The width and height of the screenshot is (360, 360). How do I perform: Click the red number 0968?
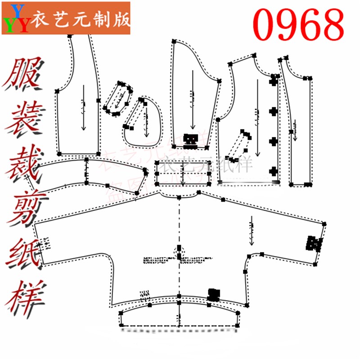click(x=298, y=24)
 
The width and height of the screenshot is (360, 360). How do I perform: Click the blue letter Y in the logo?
click(x=17, y=9)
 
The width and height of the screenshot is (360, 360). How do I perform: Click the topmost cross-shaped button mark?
click(x=273, y=81)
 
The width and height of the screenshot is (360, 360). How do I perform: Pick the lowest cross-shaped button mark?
click(x=273, y=171)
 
